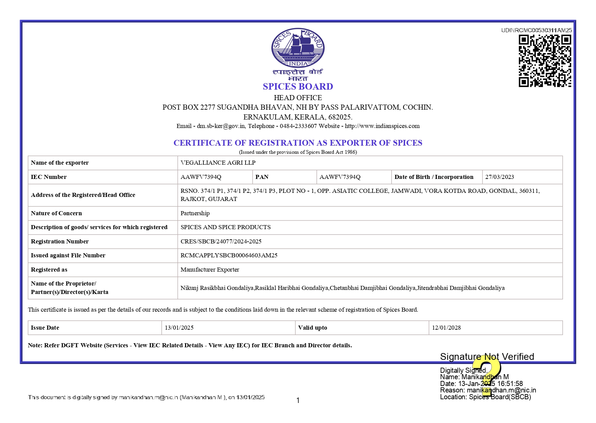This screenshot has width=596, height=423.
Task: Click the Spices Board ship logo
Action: click(x=298, y=48)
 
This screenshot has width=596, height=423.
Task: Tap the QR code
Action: click(x=545, y=61)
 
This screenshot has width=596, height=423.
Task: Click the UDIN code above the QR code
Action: click(x=536, y=30)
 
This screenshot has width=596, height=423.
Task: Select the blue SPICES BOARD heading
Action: click(x=298, y=87)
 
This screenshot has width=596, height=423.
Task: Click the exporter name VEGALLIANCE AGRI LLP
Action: click(x=218, y=163)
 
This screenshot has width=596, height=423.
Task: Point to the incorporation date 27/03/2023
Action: click(x=499, y=177)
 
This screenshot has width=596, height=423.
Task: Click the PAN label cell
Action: click(x=262, y=177)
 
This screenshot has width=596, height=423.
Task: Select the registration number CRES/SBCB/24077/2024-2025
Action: click(x=221, y=241)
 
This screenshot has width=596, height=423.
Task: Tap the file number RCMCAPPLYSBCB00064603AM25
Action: click(x=229, y=255)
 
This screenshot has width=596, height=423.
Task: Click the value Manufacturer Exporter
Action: click(x=210, y=270)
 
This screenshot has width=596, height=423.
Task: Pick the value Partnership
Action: click(x=195, y=213)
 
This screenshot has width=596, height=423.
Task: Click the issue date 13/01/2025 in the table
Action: click(x=179, y=328)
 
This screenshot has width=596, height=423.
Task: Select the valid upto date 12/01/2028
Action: click(x=446, y=328)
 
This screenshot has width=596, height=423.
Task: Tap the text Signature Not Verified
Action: click(x=487, y=356)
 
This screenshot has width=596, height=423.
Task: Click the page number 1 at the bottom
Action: click(x=298, y=401)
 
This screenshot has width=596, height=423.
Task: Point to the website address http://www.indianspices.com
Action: click(x=382, y=126)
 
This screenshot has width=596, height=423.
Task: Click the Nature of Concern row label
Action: click(x=56, y=213)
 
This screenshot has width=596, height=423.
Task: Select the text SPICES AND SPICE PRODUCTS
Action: click(x=225, y=227)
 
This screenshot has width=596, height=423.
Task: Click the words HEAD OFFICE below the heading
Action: click(x=298, y=98)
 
